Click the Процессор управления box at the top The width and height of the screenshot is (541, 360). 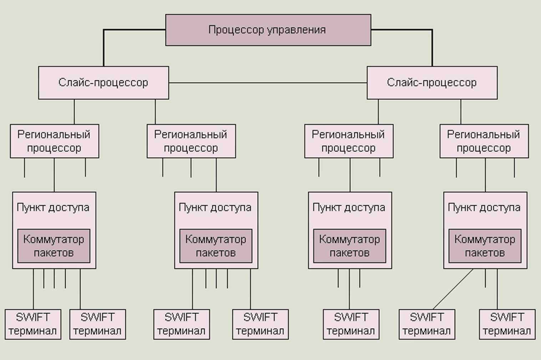pos(268,30)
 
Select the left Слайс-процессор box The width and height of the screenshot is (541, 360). pos(103,83)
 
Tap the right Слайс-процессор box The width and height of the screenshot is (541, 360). pos(432,83)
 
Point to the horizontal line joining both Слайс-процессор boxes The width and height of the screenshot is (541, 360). pos(268,83)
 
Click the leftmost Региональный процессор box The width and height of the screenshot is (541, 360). pos(55,141)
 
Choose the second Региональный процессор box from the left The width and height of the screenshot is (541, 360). pos(191,141)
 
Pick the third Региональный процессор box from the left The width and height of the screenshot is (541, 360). pos(349,141)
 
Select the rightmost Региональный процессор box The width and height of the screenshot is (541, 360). pos(484,141)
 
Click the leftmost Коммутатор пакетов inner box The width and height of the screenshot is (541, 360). pos(54,246)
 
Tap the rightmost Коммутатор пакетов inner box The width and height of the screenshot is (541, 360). pos(485,246)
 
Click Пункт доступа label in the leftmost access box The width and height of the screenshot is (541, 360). pos(53,208)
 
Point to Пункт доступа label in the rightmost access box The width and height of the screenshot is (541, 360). pos(484,208)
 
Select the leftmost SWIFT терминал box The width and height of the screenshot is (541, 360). pos(33,324)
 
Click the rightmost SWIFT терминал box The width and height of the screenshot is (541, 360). pos(507,324)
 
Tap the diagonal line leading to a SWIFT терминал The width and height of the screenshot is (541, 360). pos(453,289)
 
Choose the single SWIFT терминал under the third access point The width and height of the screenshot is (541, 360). pos(351,324)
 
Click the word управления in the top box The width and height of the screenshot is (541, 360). pos(296,30)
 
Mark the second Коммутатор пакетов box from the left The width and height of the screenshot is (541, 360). pos(216,246)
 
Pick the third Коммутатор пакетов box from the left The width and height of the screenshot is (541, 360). pos(349,246)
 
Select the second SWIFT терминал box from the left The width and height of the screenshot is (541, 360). pos(97,324)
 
